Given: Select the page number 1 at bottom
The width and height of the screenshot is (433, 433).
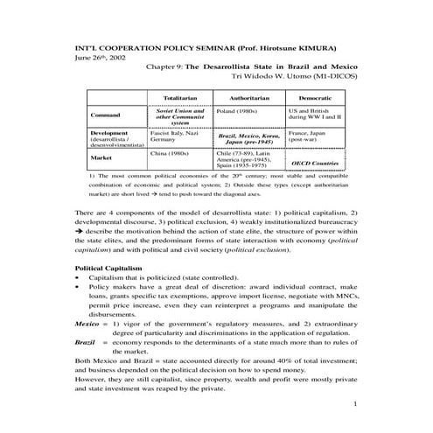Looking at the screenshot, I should coord(357,405).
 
